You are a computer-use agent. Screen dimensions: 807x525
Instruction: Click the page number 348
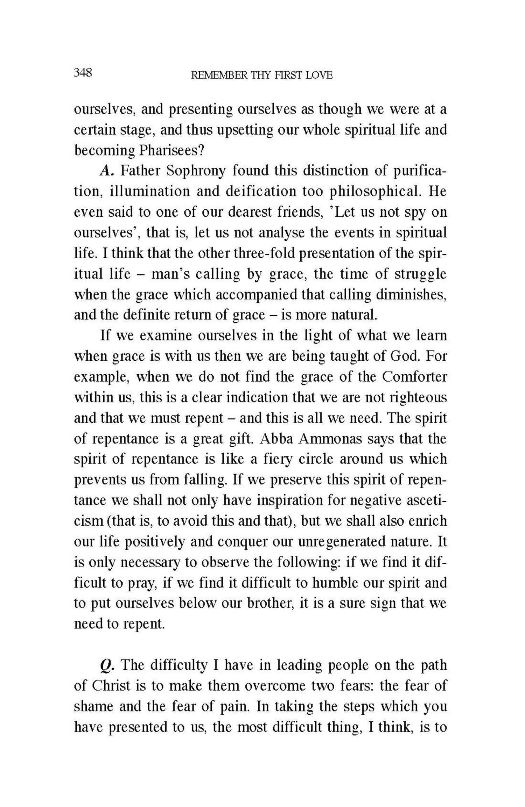coord(83,73)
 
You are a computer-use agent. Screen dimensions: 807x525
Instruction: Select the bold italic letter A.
coord(106,171)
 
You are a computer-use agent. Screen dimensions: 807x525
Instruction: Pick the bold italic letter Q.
coord(107,665)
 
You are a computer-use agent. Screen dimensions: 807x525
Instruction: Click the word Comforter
coord(414,377)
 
